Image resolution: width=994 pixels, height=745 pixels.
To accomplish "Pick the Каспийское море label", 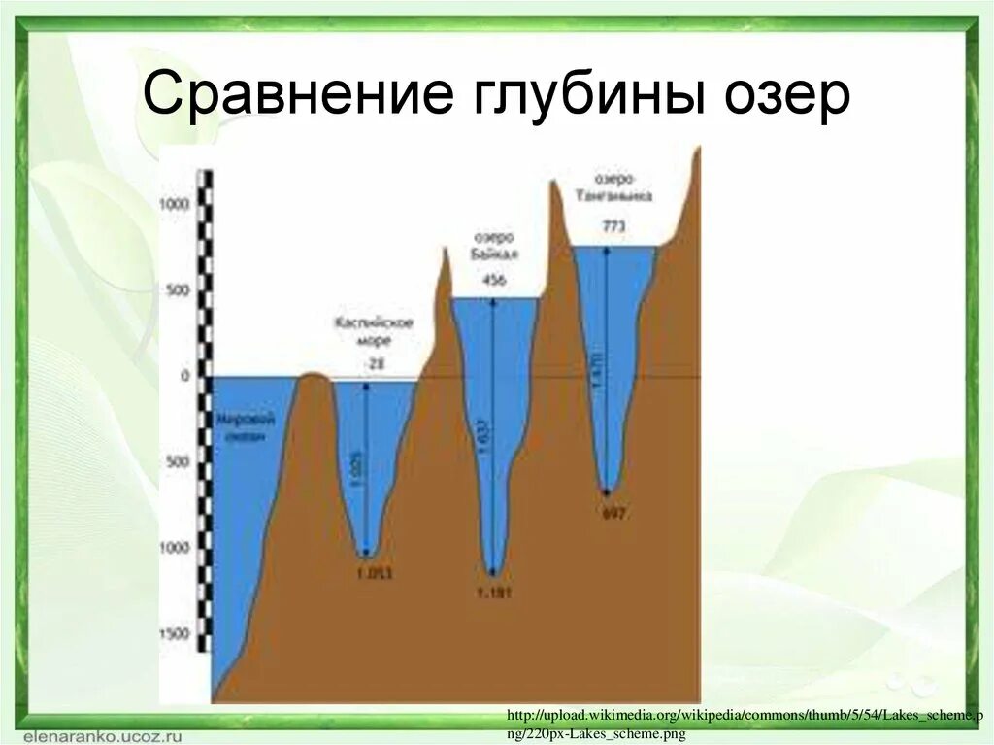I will pyautogui.click(x=375, y=331).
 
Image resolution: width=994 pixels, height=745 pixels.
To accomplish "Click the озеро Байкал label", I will pyautogui.click(x=495, y=246).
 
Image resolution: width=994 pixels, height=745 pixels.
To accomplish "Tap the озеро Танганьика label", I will pyautogui.click(x=613, y=187).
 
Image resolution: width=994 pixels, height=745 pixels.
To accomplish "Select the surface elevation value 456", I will pyautogui.click(x=494, y=281).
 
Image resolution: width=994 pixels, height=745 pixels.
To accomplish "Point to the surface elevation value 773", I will pyautogui.click(x=613, y=226).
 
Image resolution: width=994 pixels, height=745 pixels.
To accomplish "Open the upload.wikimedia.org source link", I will pyautogui.click(x=738, y=723).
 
